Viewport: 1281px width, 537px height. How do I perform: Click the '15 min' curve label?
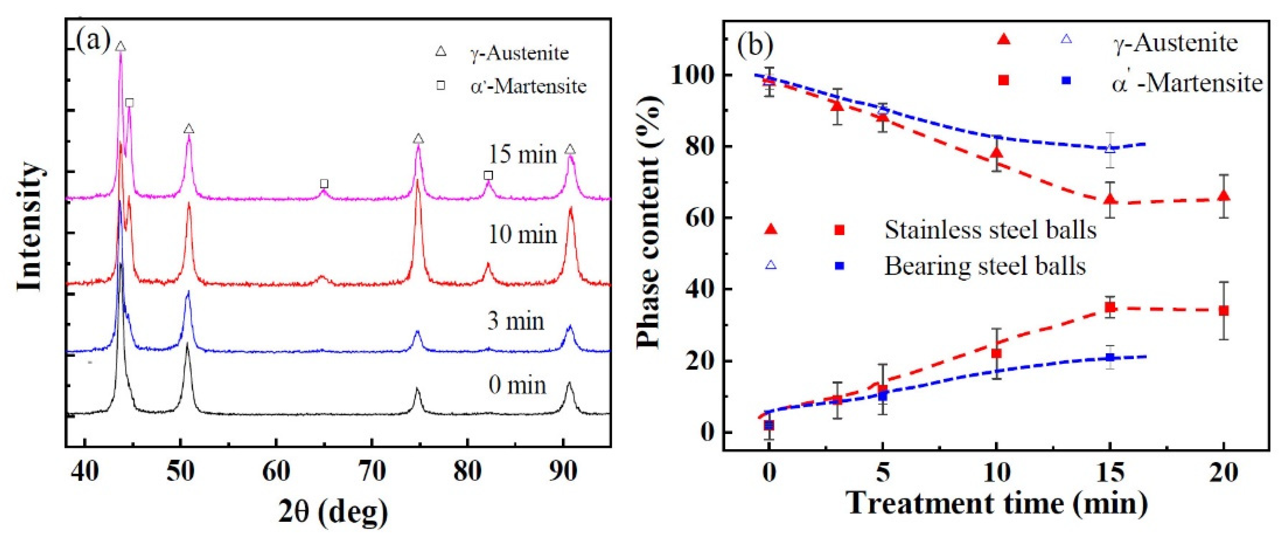[522, 155]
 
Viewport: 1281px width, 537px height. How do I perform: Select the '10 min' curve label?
[522, 234]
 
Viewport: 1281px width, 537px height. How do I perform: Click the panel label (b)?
[755, 45]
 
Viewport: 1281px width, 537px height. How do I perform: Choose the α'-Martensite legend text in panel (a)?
[529, 87]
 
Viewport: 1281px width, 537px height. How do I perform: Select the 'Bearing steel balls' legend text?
[984, 266]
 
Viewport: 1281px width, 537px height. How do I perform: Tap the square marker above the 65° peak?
[324, 184]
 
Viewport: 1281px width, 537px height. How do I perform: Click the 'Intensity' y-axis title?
[30, 227]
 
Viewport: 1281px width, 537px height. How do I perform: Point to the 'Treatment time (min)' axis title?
[997, 504]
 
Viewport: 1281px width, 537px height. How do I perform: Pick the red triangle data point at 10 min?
[996, 153]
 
